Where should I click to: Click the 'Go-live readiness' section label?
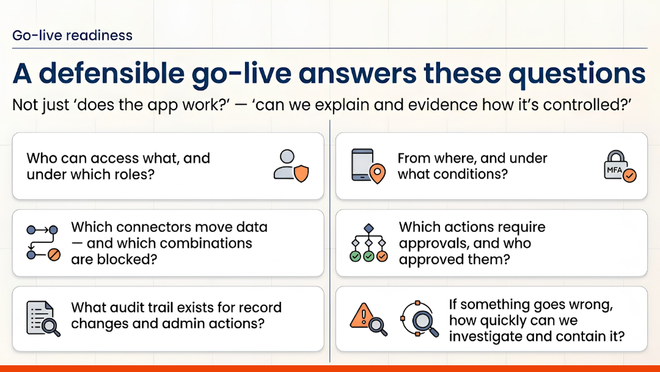click(x=72, y=35)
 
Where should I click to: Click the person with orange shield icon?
click(x=290, y=166)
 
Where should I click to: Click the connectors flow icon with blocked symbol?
click(x=43, y=243)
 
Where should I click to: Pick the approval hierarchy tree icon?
click(x=368, y=243)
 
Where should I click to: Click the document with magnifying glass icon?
click(x=43, y=319)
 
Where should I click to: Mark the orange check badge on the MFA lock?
click(x=629, y=176)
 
